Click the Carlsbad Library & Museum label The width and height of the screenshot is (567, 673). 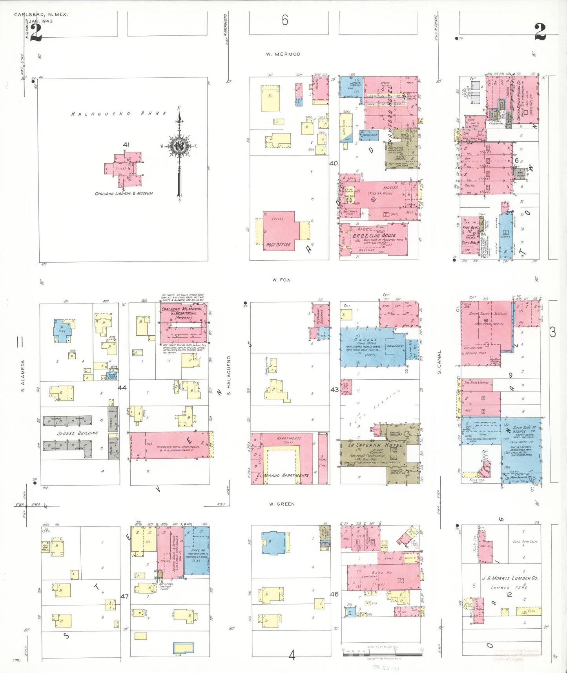pyautogui.click(x=124, y=194)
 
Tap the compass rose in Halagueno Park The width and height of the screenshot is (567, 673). pyautogui.click(x=179, y=146)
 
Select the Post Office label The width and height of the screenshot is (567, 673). pyautogui.click(x=278, y=245)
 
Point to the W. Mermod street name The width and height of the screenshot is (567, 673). pyautogui.click(x=283, y=54)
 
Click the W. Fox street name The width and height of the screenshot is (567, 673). pyautogui.click(x=281, y=280)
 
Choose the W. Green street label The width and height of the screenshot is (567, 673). pyautogui.click(x=282, y=504)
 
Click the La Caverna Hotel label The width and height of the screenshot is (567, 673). pyautogui.click(x=375, y=445)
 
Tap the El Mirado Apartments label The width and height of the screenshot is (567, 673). pyautogui.click(x=283, y=475)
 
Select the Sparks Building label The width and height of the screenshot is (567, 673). pyautogui.click(x=78, y=433)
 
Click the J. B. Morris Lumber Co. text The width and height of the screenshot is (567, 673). pyautogui.click(x=510, y=578)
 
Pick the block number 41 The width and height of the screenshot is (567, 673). pyautogui.click(x=126, y=144)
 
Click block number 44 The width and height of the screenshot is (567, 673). pyautogui.click(x=122, y=388)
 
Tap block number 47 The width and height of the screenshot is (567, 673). pyautogui.click(x=124, y=596)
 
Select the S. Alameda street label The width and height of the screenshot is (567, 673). pyautogui.click(x=23, y=376)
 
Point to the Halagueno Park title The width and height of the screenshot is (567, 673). pyautogui.click(x=119, y=113)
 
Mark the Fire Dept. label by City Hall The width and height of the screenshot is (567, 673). pyautogui.click(x=470, y=228)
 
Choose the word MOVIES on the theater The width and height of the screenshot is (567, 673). pyautogui.click(x=390, y=188)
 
